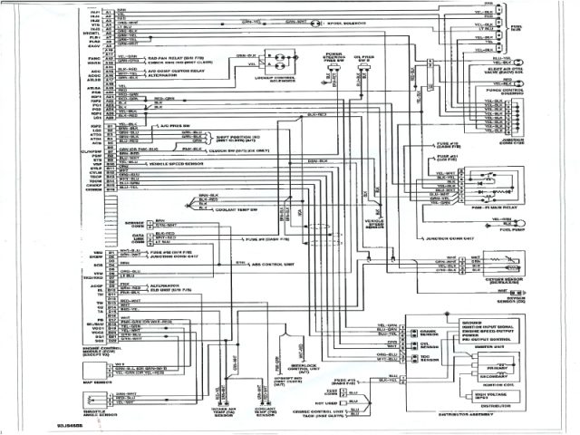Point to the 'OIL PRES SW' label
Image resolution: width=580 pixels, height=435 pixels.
(x=365, y=63)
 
